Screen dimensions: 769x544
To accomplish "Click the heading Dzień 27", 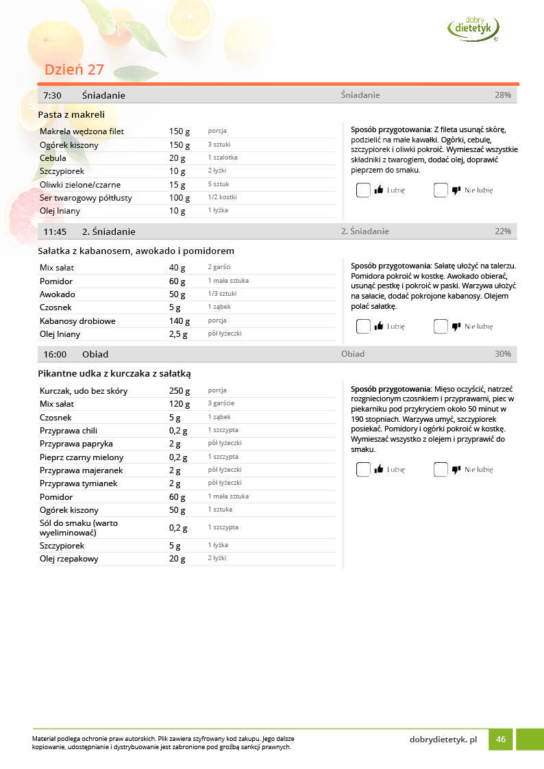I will tap(74, 70).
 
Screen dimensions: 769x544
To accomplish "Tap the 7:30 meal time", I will tap(52, 95).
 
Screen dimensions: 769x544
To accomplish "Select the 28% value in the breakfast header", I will tap(503, 95).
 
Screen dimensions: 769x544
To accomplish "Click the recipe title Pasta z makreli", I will tap(71, 114).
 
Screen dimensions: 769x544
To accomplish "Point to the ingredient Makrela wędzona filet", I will tap(82, 131).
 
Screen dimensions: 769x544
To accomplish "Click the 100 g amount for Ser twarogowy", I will tap(180, 198).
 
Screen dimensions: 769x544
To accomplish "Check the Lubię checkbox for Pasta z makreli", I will tap(363, 190).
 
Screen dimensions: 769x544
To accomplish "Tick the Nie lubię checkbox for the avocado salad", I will tap(441, 327).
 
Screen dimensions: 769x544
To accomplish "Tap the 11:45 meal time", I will tap(55, 231).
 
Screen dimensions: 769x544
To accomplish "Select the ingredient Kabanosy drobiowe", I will tap(77, 320).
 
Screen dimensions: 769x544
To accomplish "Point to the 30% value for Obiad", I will tap(503, 354).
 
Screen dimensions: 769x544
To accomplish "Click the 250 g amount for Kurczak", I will tap(180, 391).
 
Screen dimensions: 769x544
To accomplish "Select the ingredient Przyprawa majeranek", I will tap(82, 470).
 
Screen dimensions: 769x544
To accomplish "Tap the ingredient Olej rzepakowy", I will tap(69, 559).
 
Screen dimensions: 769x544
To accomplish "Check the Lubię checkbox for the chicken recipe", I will tap(363, 470).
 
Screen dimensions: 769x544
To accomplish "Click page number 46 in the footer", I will tap(501, 740).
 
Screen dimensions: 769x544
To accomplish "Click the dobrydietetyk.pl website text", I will tap(443, 740).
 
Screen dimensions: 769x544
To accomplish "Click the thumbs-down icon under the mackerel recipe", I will tap(456, 190).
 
